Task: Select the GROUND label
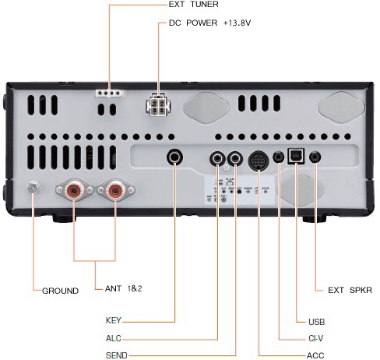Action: (61, 291)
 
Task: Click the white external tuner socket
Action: (109, 91)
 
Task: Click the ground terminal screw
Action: (33, 187)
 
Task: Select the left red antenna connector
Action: (73, 189)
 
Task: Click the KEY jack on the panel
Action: (176, 158)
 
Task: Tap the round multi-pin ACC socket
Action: (259, 160)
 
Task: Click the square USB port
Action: (297, 156)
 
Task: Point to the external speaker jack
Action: (315, 156)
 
